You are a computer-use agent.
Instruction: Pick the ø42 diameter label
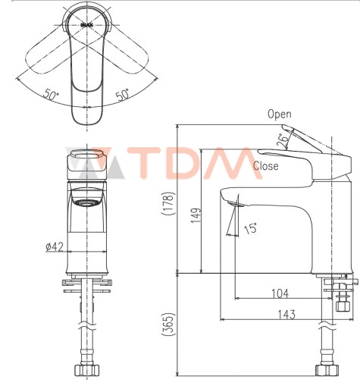tap(55, 246)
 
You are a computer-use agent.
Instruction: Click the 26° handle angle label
tap(283, 139)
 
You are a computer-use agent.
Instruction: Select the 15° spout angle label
tap(249, 227)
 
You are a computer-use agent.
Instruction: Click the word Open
tap(279, 114)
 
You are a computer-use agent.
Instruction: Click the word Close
tap(265, 165)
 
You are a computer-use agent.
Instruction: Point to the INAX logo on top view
tap(87, 25)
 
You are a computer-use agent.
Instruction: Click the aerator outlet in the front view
tap(87, 202)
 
